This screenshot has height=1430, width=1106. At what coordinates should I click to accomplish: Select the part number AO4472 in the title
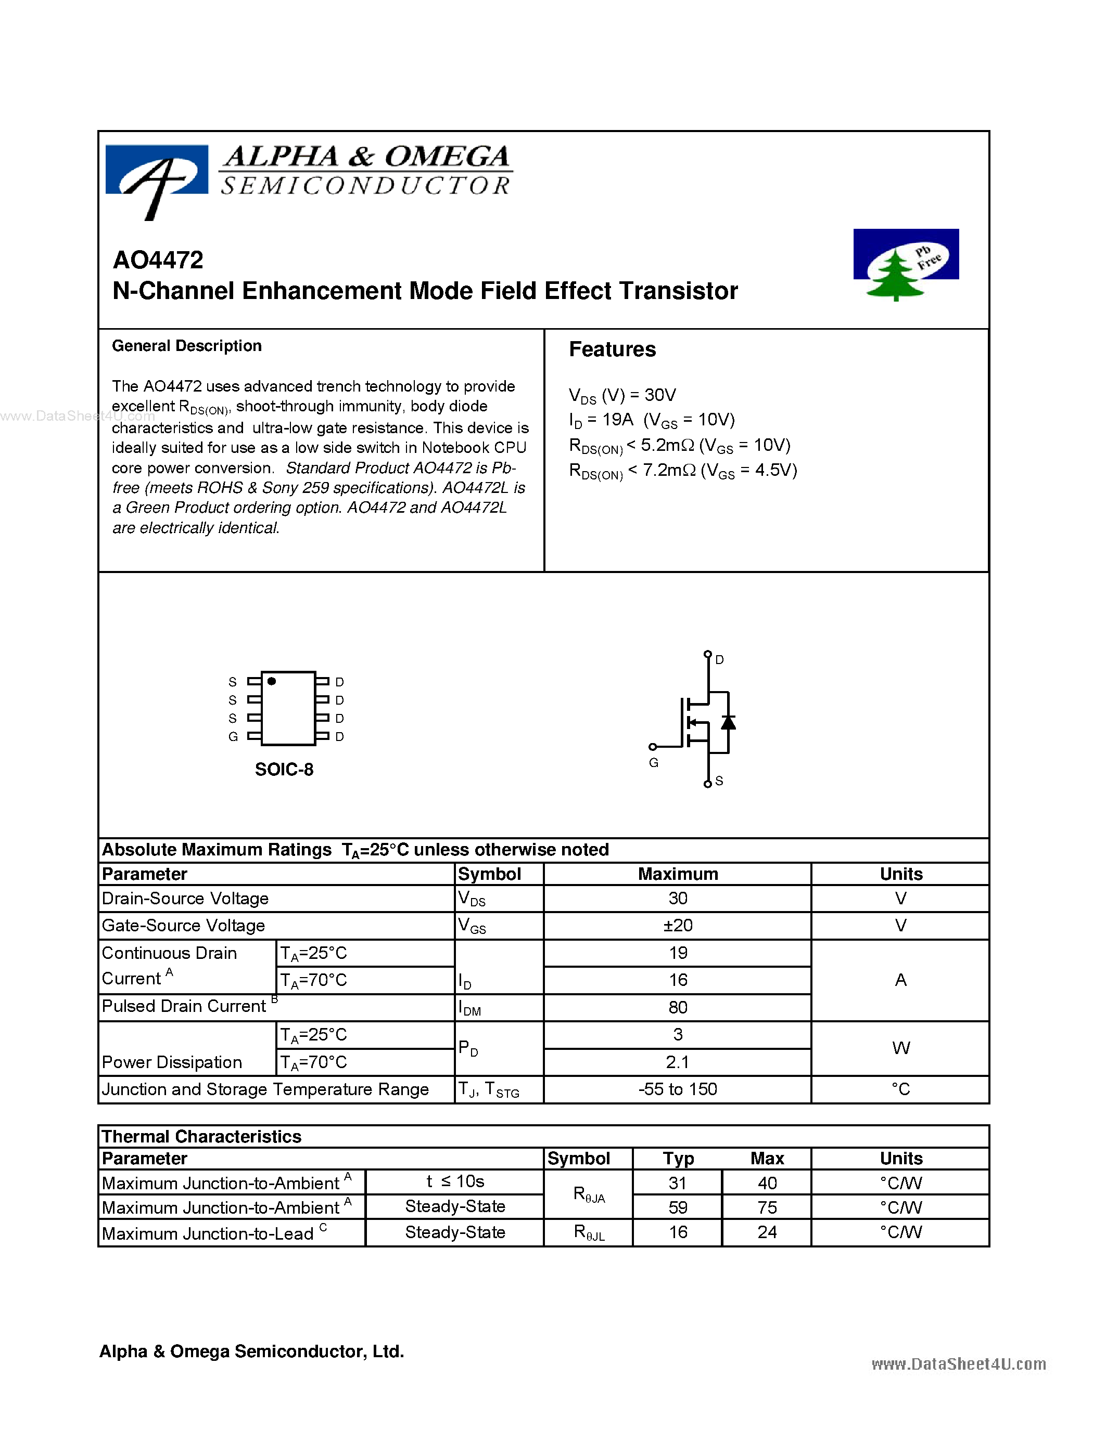pyautogui.click(x=158, y=260)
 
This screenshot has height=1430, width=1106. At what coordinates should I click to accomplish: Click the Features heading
pyautogui.click(x=612, y=349)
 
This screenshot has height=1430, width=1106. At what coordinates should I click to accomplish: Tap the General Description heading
pyautogui.click(x=187, y=346)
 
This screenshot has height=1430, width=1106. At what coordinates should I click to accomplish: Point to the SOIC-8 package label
pyautogui.click(x=284, y=770)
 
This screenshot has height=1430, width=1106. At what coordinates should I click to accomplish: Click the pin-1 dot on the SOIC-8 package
pyautogui.click(x=272, y=682)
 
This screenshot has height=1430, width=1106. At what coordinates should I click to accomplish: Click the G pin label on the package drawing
pyautogui.click(x=233, y=737)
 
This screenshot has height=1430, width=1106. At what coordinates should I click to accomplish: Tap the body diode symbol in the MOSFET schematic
pyautogui.click(x=728, y=722)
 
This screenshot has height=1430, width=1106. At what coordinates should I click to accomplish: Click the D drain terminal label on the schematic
pyautogui.click(x=719, y=660)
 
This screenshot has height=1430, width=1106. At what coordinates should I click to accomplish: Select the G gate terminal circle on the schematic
pyautogui.click(x=653, y=746)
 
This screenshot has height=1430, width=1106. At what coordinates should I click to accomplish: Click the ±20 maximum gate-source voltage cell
pyautogui.click(x=678, y=925)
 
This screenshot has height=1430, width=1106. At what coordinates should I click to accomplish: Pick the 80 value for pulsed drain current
pyautogui.click(x=678, y=1007)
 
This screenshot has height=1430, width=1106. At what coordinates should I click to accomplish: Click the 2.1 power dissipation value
pyautogui.click(x=678, y=1062)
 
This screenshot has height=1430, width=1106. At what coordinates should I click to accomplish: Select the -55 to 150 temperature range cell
pyautogui.click(x=678, y=1089)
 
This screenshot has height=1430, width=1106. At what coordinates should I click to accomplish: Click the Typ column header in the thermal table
pyautogui.click(x=678, y=1158)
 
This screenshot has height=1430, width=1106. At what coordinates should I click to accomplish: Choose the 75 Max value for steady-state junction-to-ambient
pyautogui.click(x=767, y=1207)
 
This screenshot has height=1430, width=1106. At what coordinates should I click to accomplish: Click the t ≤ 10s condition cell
pyautogui.click(x=455, y=1181)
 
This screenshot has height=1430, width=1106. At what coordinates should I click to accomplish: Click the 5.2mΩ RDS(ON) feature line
pyautogui.click(x=679, y=445)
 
